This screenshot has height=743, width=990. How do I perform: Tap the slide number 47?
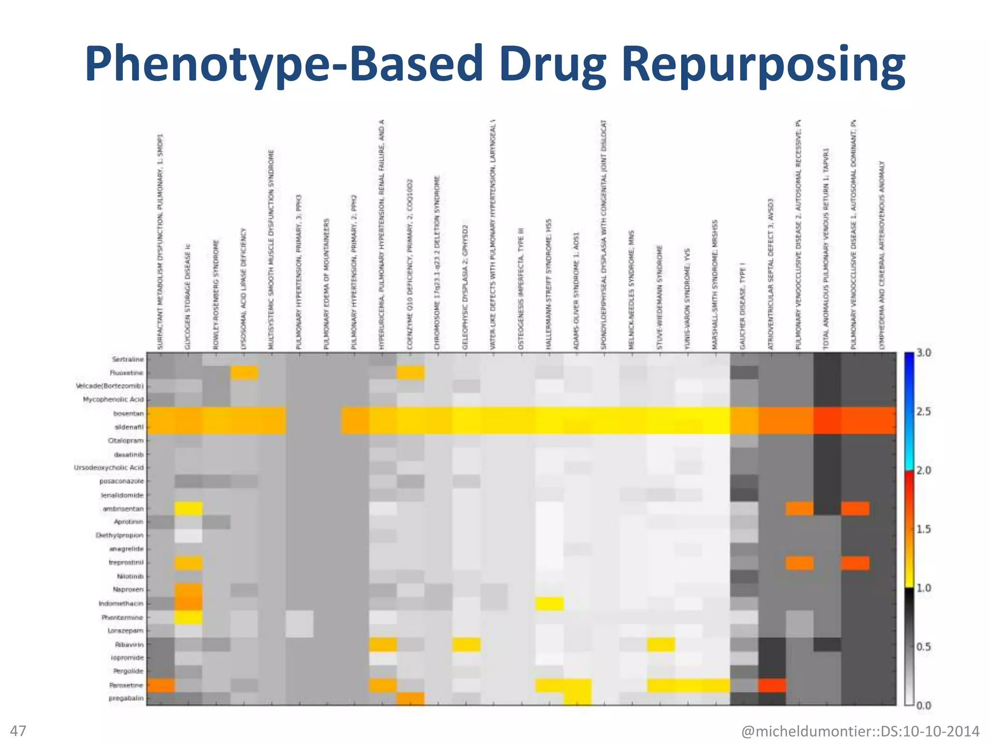[18, 730]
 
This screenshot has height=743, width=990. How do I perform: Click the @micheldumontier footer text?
[860, 731]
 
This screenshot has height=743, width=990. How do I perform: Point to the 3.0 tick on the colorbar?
[923, 353]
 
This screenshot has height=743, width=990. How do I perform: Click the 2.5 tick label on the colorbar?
[923, 412]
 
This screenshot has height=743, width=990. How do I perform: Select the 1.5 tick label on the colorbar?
[923, 529]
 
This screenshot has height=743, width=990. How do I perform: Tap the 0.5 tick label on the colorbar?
[923, 647]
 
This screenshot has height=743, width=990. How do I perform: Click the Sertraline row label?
[128, 359]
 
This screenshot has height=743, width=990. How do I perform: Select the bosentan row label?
[129, 414]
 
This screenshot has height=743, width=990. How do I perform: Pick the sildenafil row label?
[129, 427]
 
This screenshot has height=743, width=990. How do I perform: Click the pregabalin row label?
[126, 698]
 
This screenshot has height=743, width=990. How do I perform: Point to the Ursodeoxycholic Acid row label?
[109, 468]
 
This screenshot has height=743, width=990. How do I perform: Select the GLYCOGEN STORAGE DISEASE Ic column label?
[188, 297]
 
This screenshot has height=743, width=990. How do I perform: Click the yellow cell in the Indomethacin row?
[550, 603]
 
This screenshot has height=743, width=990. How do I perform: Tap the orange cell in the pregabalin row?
[410, 698]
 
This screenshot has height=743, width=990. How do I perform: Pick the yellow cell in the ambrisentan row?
[189, 508]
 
